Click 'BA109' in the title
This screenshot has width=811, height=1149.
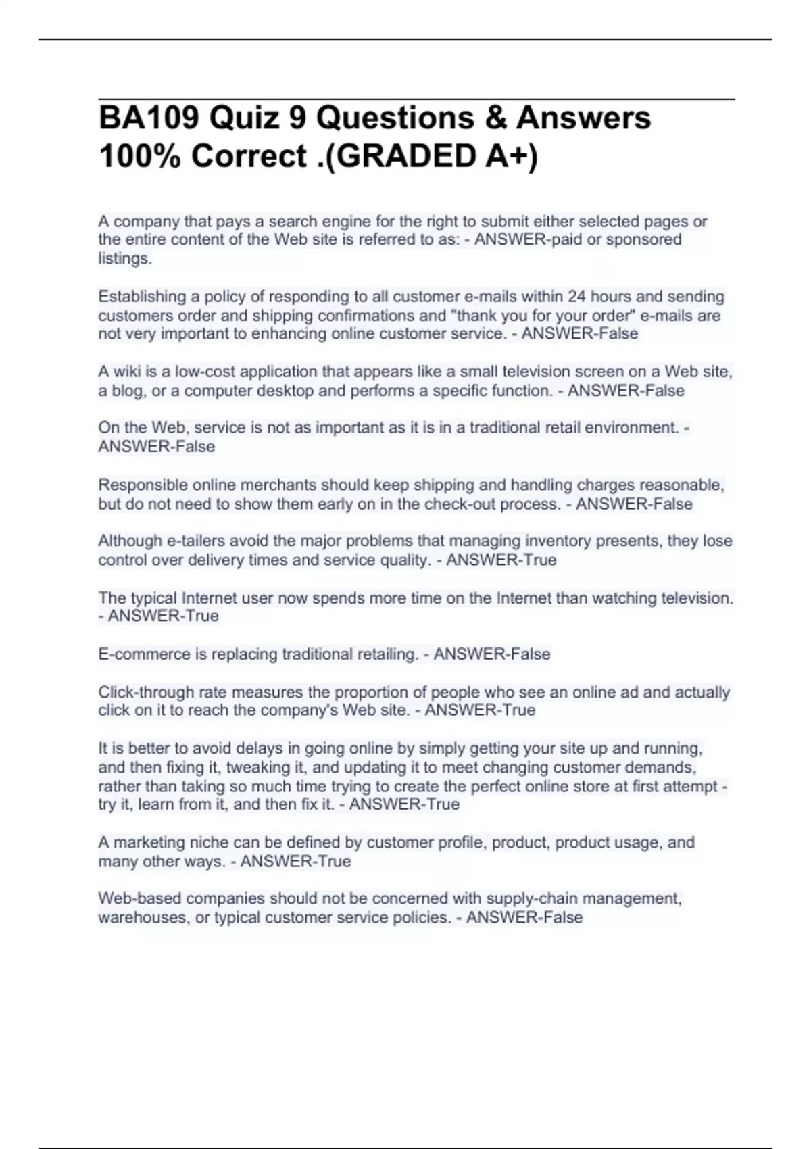[x=149, y=118]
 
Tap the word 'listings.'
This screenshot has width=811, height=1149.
[x=125, y=258]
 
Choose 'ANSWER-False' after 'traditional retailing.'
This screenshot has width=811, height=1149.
[x=492, y=654]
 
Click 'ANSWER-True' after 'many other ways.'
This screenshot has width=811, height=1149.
[x=296, y=862]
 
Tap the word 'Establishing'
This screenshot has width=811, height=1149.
[x=142, y=297]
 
